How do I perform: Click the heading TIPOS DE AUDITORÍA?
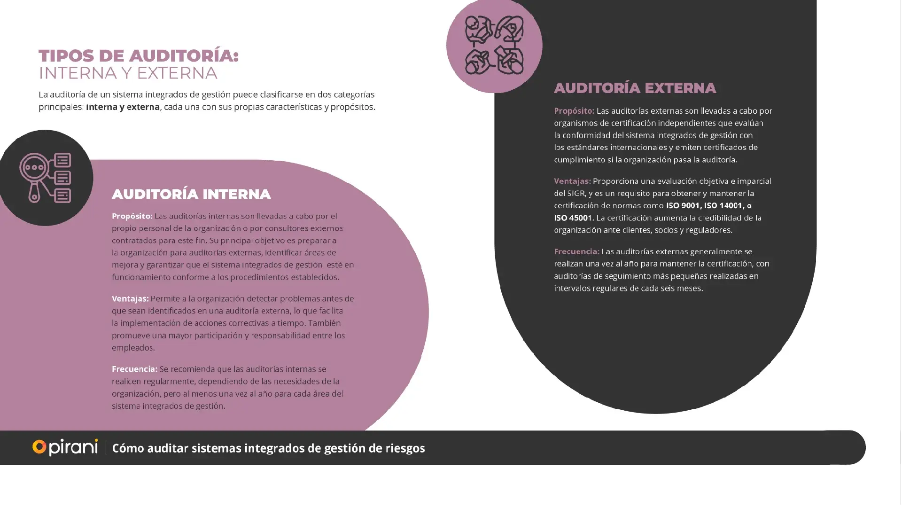[x=139, y=56]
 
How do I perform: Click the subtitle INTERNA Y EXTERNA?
[x=128, y=73]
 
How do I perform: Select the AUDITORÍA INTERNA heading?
[x=191, y=195]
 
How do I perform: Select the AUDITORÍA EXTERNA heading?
[x=635, y=88]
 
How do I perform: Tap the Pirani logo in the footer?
[x=65, y=447]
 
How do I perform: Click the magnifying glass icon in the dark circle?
[x=45, y=178]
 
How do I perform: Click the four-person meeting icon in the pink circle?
[x=494, y=46]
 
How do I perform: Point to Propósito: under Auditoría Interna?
[x=132, y=216]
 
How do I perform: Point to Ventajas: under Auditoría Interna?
[x=130, y=299]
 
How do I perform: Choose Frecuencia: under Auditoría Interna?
[x=134, y=369]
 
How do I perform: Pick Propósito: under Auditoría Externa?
[x=574, y=111]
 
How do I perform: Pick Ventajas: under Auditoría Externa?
[x=572, y=181]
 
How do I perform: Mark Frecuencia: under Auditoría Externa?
[x=576, y=252]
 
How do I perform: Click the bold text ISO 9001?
[x=683, y=206]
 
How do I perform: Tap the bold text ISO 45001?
[x=573, y=218]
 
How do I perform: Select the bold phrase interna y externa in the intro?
[x=123, y=107]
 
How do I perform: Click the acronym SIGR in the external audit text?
[x=575, y=194]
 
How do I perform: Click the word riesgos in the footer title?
[x=405, y=448]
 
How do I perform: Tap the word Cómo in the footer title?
[x=128, y=448]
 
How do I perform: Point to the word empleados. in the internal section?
[x=133, y=348]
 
